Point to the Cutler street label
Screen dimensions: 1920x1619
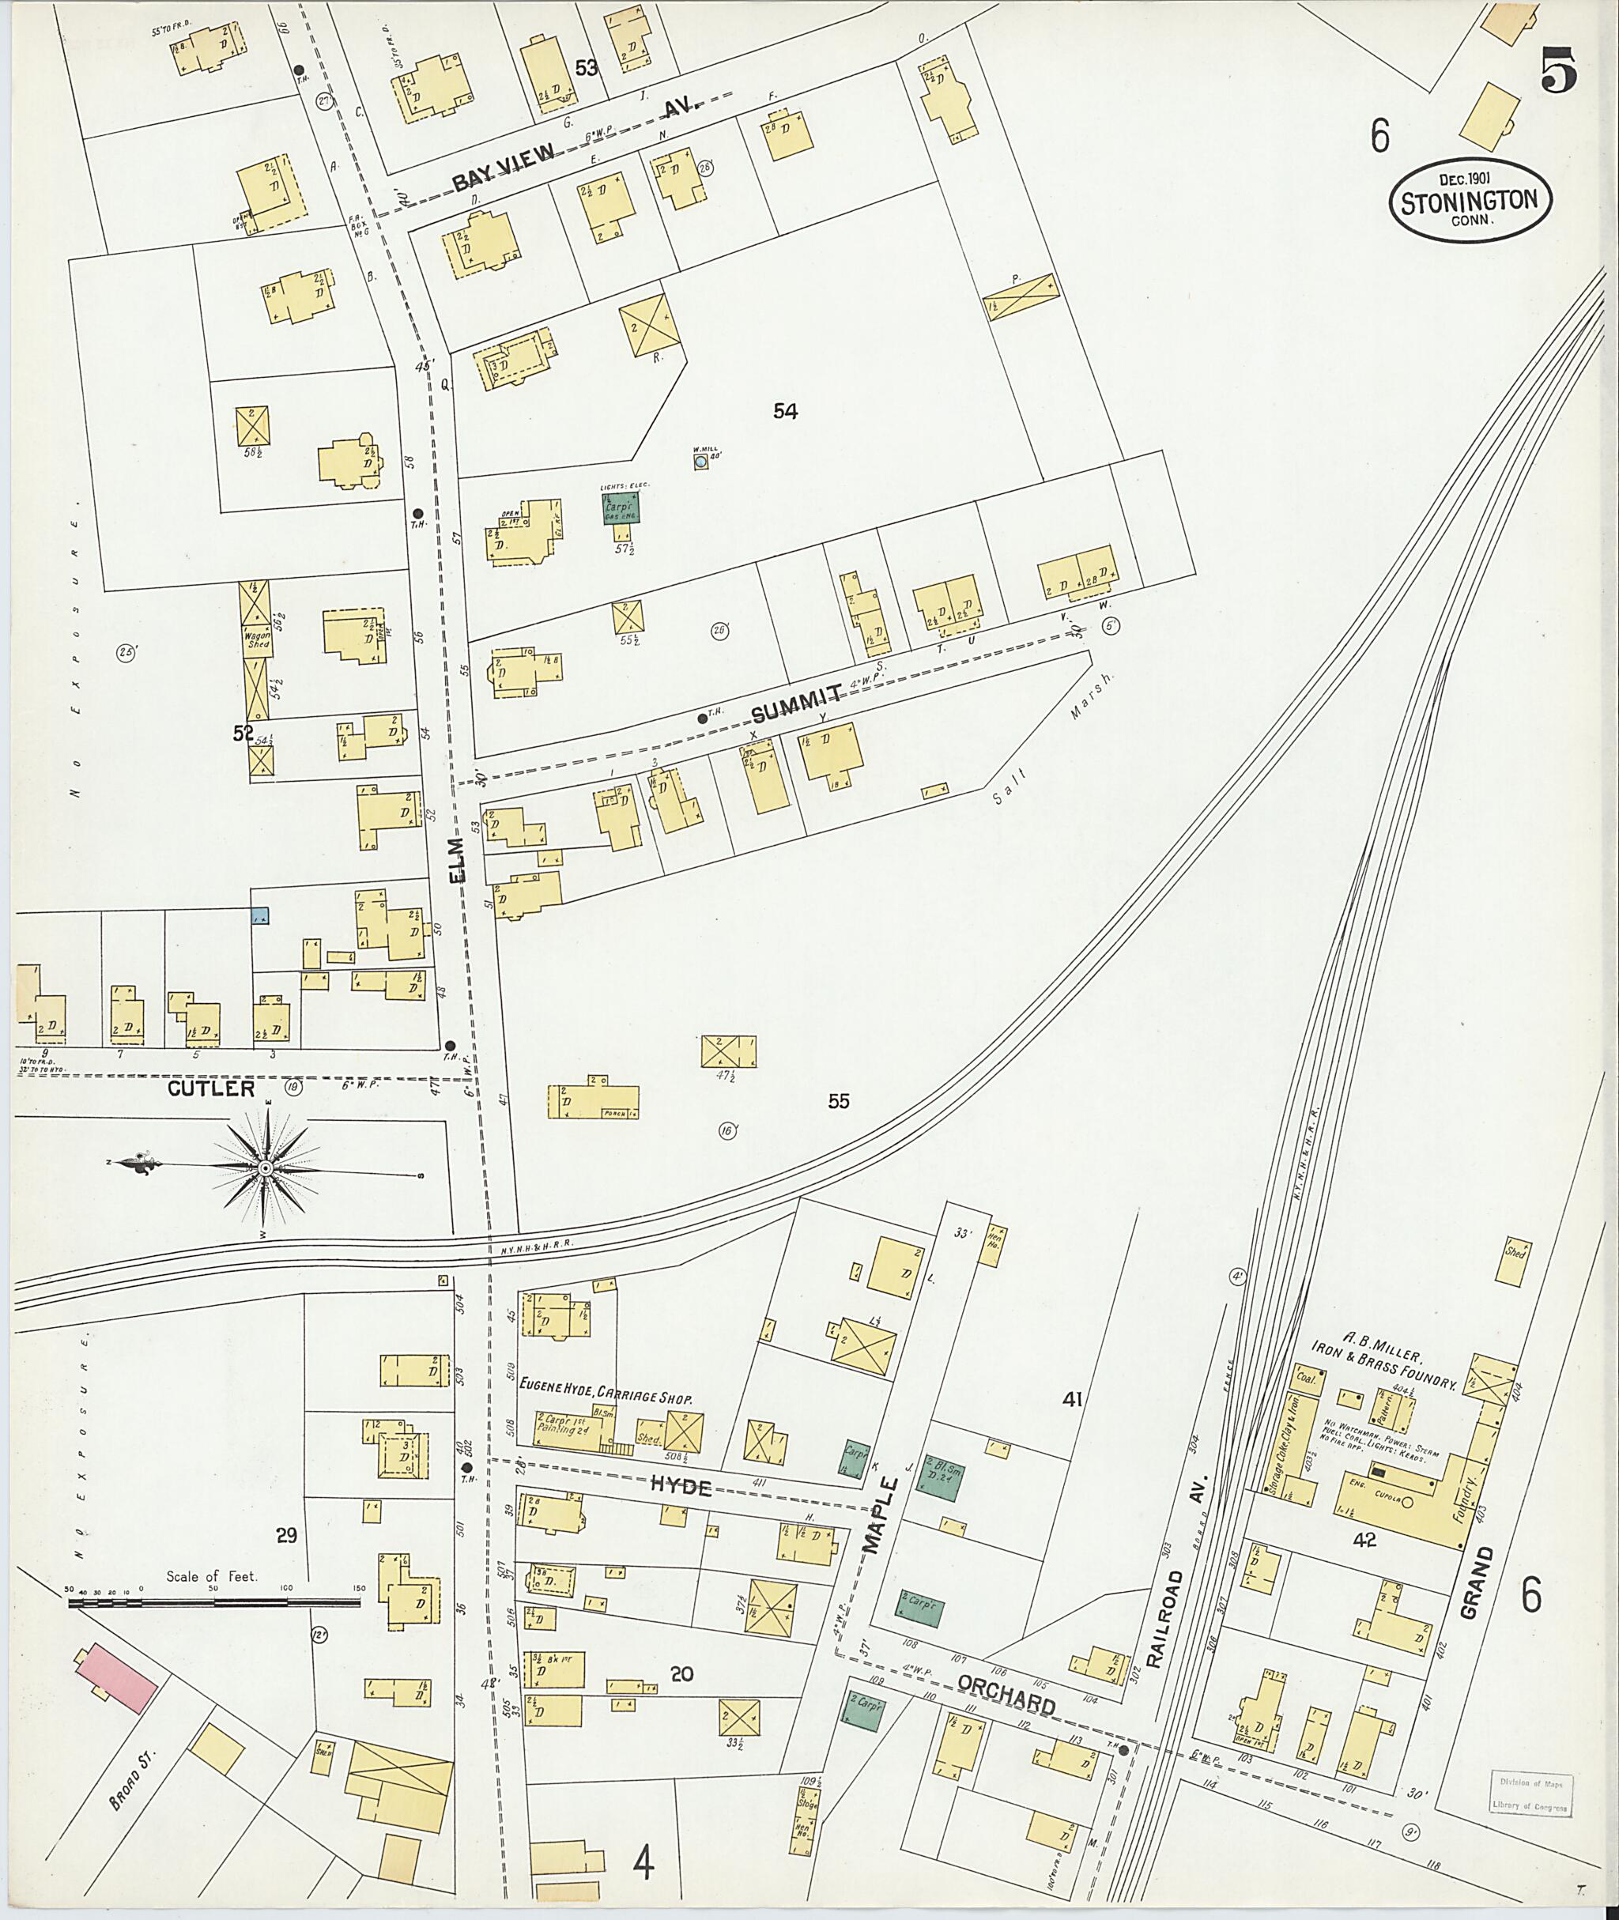tap(211, 1088)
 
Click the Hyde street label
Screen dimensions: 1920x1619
tap(679, 1486)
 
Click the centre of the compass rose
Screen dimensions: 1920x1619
tap(266, 1167)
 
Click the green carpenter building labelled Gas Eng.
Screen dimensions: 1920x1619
tap(621, 507)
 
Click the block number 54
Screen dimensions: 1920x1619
tap(785, 411)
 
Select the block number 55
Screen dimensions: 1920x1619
tap(838, 1101)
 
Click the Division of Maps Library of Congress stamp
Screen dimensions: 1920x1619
tap(1528, 1794)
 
